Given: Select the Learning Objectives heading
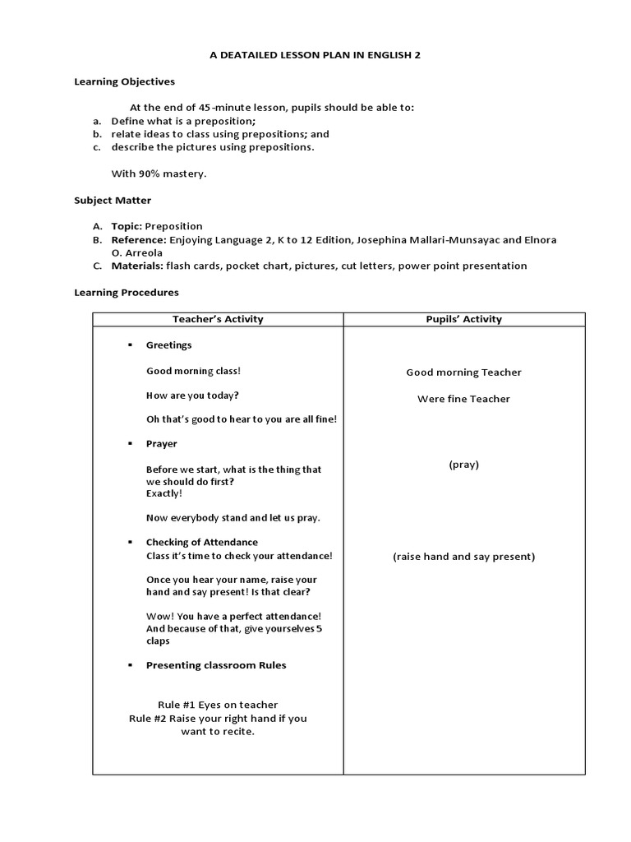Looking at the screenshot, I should pos(124,81).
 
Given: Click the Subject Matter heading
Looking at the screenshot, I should pos(113,200).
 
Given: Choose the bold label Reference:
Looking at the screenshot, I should pos(139,239).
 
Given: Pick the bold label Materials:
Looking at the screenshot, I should pos(138,266).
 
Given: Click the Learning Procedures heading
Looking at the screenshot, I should pos(126,292).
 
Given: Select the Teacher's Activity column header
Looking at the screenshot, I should pos(218,319).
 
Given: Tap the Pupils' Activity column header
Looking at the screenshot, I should pos(464,319).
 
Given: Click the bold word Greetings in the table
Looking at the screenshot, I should pos(168,345).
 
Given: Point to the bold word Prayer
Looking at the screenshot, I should pos(161,444).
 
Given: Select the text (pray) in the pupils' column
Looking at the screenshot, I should pos(463,465).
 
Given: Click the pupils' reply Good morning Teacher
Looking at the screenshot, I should pos(463,372).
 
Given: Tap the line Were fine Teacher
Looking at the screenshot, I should pos(463,399).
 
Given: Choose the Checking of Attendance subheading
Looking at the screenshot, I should pos(201,543).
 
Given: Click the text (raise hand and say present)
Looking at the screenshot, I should pos(463,557).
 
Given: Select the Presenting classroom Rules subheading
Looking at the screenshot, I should pos(216,665).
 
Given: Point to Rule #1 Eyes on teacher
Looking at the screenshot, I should pos(218,705).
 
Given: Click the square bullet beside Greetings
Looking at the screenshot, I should pos(129,345).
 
